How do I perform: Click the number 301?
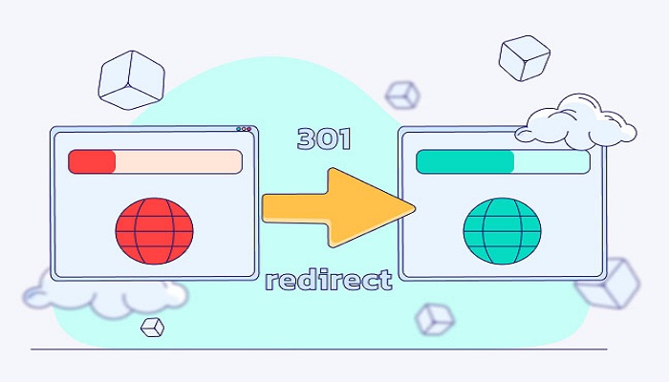[x=324, y=139]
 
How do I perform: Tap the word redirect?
[x=328, y=280]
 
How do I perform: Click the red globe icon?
[x=154, y=229]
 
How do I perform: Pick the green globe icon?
[x=502, y=229]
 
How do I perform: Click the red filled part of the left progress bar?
[x=93, y=161]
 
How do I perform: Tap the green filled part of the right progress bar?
[x=464, y=161]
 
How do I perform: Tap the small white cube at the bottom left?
[x=152, y=327]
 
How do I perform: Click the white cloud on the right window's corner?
[x=576, y=122]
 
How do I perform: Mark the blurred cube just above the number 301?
[x=402, y=94]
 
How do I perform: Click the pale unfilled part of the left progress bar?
[x=178, y=161]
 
